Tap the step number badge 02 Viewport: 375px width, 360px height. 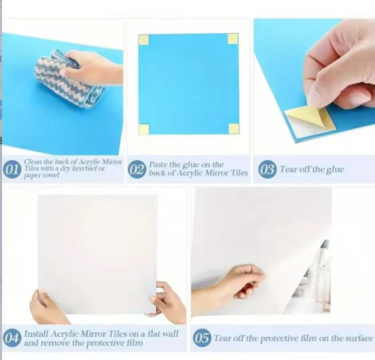point(137,169)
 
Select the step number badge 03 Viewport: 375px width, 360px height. point(267,169)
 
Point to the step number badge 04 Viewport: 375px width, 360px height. point(12,338)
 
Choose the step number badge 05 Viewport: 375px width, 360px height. point(202,338)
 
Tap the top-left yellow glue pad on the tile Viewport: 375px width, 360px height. point(144,40)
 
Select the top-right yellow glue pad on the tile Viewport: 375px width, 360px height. point(233,39)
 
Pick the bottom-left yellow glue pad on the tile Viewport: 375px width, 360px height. point(144,130)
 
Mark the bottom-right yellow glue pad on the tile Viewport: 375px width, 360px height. point(233,128)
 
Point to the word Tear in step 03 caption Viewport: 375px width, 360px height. point(289,169)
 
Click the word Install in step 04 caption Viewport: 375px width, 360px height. point(37,333)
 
